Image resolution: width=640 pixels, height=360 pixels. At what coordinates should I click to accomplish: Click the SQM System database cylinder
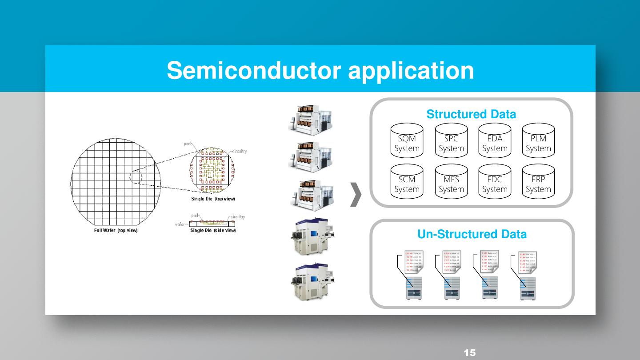pos(407,141)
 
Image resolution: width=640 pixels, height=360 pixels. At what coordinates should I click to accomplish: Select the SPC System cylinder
pos(451,141)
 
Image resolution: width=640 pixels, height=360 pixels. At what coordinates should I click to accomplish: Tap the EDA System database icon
pos(495,141)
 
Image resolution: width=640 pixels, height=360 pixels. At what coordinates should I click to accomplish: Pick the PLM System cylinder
pos(538,141)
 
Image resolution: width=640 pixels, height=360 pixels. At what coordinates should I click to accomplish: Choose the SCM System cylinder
pos(407,182)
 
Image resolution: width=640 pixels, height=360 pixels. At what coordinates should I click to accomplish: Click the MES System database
pos(451,182)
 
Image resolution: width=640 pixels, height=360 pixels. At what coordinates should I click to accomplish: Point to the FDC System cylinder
pos(495,182)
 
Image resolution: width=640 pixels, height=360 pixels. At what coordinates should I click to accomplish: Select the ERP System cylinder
pos(538,182)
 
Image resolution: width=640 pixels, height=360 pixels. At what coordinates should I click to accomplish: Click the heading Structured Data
pos(471,114)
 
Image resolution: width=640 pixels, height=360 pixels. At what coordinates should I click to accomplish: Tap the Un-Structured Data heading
pos(472,234)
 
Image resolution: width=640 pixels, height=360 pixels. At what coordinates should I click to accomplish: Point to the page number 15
pos(469,353)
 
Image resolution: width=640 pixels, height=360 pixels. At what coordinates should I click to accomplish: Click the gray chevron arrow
pos(356,195)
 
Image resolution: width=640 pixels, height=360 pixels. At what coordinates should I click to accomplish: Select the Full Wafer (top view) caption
pos(116,230)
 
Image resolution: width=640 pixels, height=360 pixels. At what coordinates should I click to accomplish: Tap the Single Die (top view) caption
pos(213,199)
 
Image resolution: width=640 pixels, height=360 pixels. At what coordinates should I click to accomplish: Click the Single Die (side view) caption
pos(213,230)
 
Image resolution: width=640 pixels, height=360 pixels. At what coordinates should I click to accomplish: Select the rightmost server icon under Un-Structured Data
pos(528,288)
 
